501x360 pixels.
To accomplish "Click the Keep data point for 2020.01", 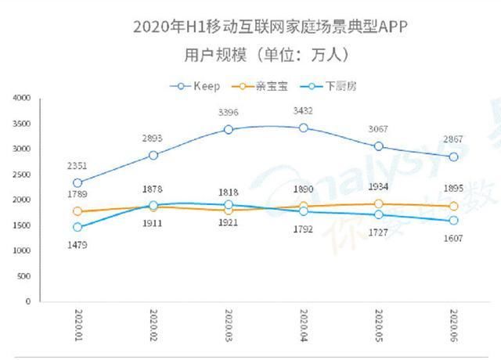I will pyautogui.click(x=77, y=183).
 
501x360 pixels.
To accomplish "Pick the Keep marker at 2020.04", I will pyautogui.click(x=304, y=128).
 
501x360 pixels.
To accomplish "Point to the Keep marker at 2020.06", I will pyautogui.click(x=454, y=157).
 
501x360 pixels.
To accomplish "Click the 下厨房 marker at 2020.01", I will pyautogui.click(x=77, y=227).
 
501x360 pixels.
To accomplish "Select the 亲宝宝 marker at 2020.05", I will pyautogui.click(x=379, y=204).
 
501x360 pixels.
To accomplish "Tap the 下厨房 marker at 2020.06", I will pyautogui.click(x=454, y=221).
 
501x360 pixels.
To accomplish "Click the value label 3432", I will pyautogui.click(x=303, y=110).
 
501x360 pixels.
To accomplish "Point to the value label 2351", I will pyautogui.click(x=77, y=165).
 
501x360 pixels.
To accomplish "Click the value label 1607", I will pyautogui.click(x=454, y=238).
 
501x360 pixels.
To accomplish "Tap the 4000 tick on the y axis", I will pyautogui.click(x=21, y=98).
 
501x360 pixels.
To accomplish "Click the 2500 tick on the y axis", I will pyautogui.click(x=21, y=175).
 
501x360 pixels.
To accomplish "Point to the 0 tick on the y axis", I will pyautogui.click(x=27, y=301).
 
